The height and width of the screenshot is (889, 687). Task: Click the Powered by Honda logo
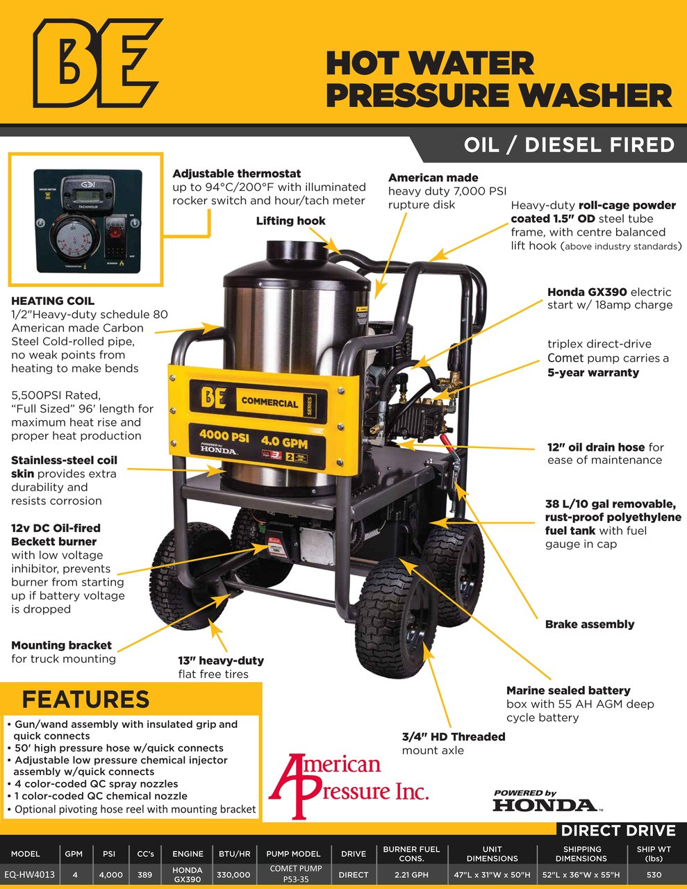545,801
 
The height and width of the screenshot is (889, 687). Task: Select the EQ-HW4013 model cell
29,874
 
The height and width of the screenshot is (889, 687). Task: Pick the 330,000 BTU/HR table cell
233,874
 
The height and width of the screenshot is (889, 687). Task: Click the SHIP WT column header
653,853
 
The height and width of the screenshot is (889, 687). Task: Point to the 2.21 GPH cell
411,874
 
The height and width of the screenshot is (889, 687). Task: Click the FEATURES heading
85,699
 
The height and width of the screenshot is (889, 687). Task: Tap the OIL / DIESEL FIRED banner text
569,145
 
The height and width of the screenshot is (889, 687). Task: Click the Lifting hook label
290,221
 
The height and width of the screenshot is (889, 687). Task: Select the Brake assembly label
589,624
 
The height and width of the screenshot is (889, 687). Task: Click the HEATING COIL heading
53,301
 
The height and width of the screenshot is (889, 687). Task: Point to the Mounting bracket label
61,645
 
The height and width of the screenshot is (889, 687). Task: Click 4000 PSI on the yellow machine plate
224,438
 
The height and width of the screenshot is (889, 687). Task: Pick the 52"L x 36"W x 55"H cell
581,874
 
